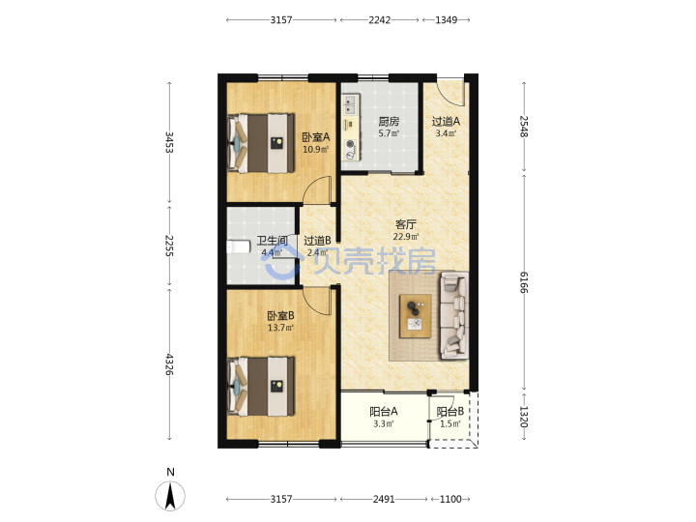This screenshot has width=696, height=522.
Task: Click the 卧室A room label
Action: point(316,137)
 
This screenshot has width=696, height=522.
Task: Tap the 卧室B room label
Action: point(280,316)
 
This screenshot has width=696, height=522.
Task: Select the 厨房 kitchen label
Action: point(389,121)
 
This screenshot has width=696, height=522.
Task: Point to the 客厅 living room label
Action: point(406,224)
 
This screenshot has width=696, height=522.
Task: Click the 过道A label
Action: point(446,121)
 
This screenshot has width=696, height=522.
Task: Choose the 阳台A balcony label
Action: point(384,412)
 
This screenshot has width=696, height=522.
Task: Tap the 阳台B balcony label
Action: point(450,412)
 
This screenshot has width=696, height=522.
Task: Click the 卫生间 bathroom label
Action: point(272,241)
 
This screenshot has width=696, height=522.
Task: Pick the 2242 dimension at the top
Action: point(380,20)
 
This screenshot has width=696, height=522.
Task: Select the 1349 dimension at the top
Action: point(446,20)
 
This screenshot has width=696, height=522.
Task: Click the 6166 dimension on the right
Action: point(524,282)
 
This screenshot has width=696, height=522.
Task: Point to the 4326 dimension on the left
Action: point(169,364)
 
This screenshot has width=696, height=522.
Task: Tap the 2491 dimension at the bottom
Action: point(384,499)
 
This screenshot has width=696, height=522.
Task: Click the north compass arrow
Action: point(170,495)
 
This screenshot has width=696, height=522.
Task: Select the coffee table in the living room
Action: point(415,316)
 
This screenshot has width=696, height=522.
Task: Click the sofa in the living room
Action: point(454,315)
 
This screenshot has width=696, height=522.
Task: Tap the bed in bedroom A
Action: point(261,143)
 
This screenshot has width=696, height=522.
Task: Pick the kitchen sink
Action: point(351,104)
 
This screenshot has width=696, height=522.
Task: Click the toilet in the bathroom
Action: point(234,246)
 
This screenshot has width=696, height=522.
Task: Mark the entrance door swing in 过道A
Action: point(450,93)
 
